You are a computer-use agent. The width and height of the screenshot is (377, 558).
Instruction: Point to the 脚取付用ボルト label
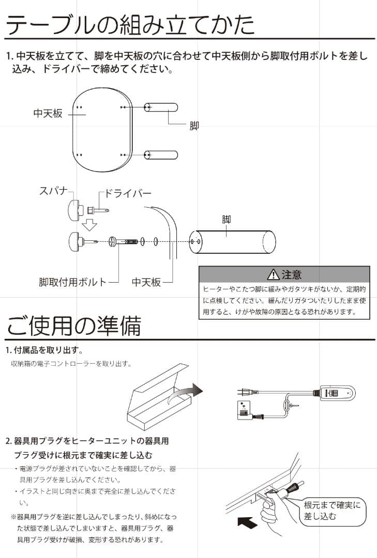72,282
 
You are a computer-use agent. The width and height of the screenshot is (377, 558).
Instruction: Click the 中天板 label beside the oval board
48,113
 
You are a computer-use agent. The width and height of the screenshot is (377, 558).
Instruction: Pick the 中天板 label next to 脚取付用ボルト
146,282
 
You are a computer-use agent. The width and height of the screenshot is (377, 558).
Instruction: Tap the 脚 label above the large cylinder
227,220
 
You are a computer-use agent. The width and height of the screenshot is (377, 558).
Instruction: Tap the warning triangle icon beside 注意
273,275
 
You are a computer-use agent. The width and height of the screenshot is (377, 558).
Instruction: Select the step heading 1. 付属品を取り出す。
44,350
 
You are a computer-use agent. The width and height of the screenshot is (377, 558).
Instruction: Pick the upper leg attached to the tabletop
161,107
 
